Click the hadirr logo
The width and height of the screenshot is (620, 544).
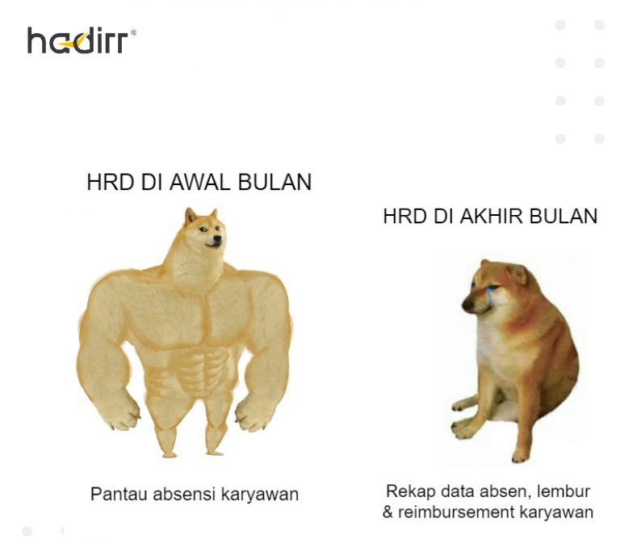click(81, 40)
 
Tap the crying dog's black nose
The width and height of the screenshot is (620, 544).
click(467, 306)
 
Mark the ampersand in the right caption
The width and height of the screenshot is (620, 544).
click(388, 512)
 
